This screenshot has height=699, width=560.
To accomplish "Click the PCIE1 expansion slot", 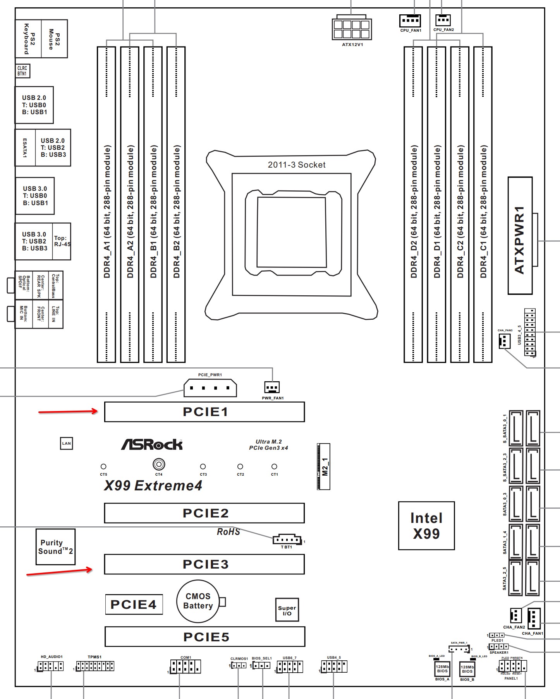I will point(204,412).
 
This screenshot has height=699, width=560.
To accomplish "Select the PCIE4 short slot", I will point(134,604).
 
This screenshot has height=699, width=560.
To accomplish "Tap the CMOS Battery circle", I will point(198,601).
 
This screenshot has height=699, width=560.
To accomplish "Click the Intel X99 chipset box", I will point(426,526).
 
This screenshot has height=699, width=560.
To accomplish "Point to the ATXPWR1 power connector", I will point(520,235).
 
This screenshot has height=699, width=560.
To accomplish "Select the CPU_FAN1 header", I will point(410,20).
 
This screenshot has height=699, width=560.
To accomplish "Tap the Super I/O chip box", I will point(287,610).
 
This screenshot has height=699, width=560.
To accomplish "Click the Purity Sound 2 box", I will point(55,547).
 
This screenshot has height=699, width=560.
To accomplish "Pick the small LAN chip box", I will point(67,444).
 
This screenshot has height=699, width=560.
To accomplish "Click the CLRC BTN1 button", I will point(22,71).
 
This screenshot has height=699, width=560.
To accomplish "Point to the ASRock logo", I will point(152,444).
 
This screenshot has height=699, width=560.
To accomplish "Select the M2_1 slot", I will point(324,466).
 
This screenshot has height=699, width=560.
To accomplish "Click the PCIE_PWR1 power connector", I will point(210,388).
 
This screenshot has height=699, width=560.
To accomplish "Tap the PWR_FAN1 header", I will point(272,387).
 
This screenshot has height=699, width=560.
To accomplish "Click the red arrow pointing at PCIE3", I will point(59,572).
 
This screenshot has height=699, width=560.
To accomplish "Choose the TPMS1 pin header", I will point(95,666).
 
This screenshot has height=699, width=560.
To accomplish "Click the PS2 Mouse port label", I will point(54,39).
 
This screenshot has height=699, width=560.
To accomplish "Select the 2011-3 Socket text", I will point(297,165).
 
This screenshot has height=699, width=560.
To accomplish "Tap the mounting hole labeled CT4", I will point(159,464).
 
